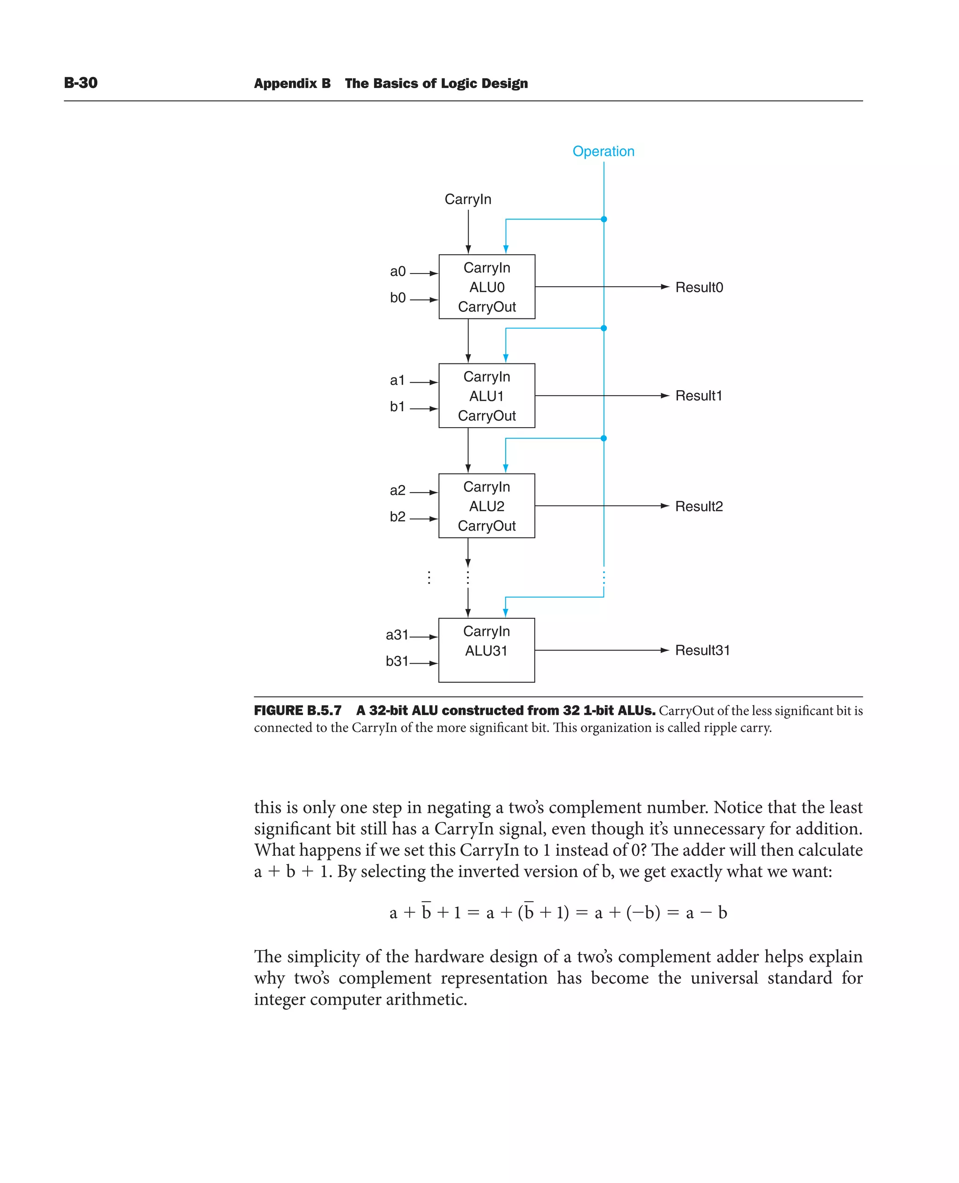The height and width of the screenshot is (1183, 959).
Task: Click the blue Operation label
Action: pos(603,151)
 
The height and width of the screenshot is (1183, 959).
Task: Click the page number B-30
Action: pos(81,83)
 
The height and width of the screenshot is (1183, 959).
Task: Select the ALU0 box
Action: pos(487,287)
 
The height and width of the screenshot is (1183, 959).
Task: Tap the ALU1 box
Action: pos(487,396)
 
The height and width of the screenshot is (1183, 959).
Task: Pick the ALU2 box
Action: pos(487,506)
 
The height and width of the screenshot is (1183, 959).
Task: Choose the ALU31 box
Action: pos(486,651)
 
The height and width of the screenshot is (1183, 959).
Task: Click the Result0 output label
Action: pos(699,288)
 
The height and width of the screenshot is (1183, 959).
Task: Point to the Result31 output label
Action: pos(702,651)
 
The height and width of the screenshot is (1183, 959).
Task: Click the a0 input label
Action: pos(398,271)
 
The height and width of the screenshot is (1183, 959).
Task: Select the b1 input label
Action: pos(397,407)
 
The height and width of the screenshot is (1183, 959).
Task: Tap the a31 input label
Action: pos(397,635)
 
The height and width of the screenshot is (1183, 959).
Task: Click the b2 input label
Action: pos(397,517)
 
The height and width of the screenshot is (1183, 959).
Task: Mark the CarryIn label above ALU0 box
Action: pos(468,200)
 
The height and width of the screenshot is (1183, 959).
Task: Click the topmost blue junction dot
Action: pos(604,219)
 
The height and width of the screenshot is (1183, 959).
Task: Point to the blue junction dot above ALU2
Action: pos(604,438)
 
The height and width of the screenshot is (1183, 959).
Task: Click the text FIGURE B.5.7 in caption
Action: pos(298,710)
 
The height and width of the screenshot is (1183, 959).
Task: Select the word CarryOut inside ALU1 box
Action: pos(487,416)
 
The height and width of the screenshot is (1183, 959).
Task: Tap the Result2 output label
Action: pos(699,507)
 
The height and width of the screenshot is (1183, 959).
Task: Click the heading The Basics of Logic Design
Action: pos(436,83)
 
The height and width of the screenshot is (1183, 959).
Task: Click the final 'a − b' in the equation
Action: pos(706,912)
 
